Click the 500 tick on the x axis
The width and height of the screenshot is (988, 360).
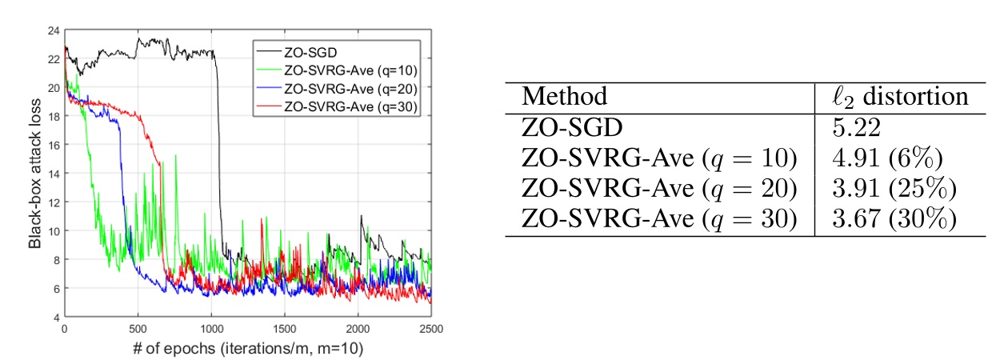pos(138,328)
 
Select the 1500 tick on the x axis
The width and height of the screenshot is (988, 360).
pos(285,328)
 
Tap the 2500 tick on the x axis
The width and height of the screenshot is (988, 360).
pos(431,328)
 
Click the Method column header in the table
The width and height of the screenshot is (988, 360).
pos(564,97)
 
